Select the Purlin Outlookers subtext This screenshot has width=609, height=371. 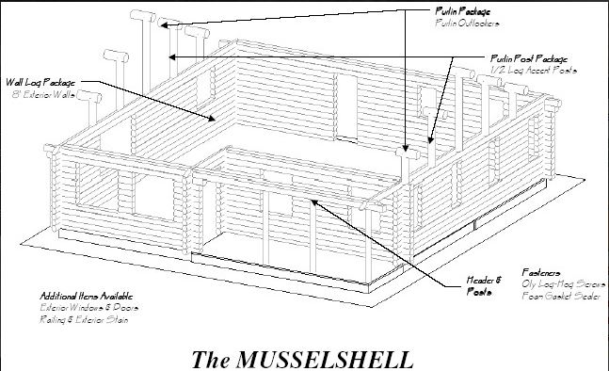[x=468, y=21]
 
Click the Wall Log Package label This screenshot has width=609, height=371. [x=40, y=83]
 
